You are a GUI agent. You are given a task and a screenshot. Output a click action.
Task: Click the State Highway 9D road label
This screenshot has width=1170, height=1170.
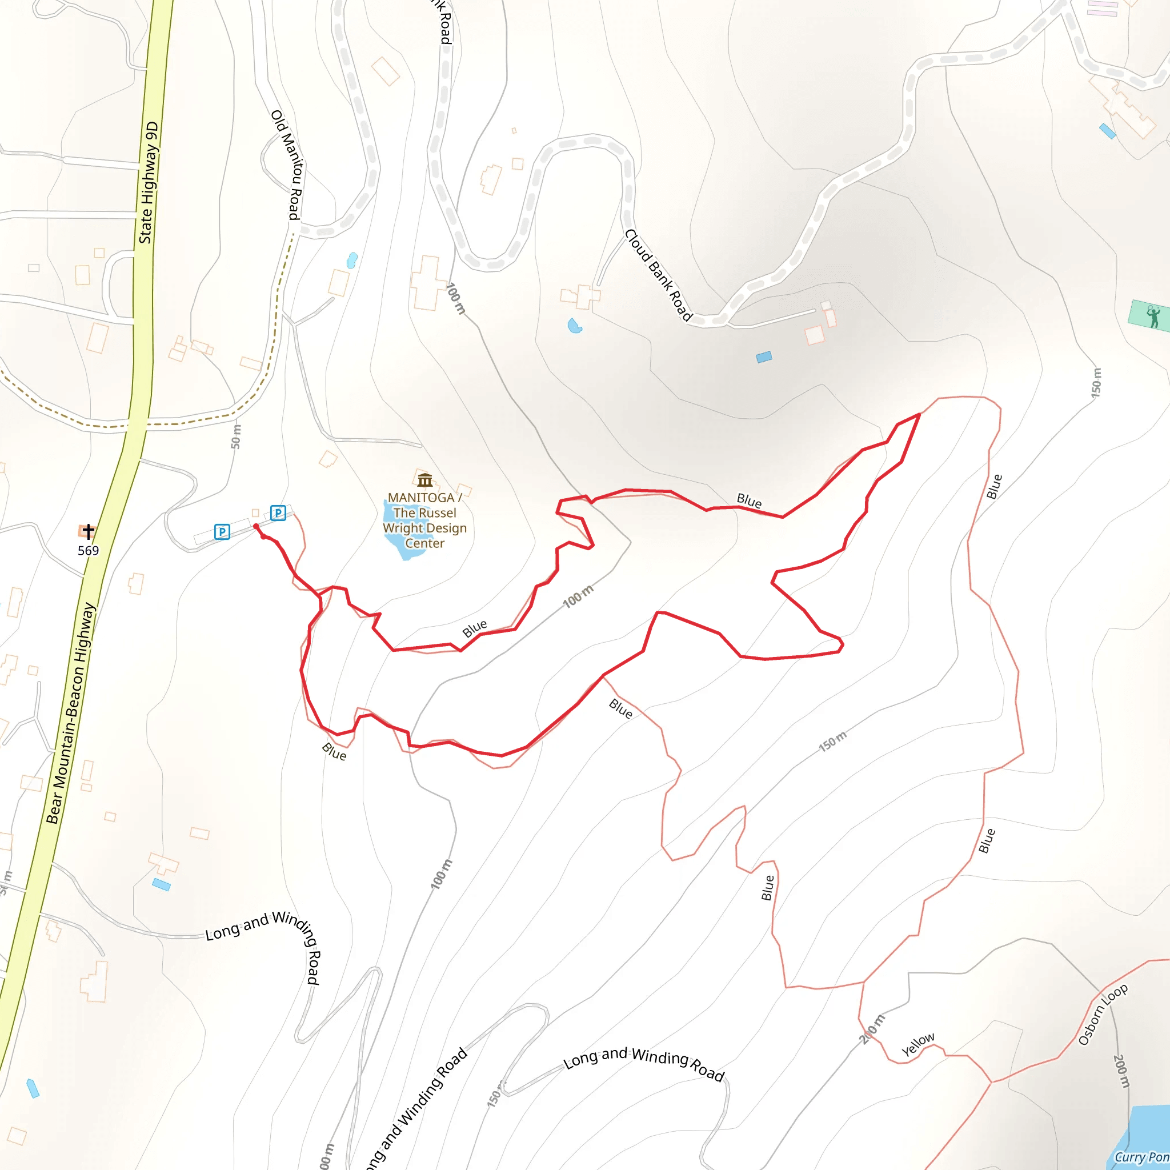coord(149,183)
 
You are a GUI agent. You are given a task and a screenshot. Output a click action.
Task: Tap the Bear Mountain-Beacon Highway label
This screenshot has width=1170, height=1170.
coord(71,713)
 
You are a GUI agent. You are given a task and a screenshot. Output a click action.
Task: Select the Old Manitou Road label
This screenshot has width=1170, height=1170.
coord(289,165)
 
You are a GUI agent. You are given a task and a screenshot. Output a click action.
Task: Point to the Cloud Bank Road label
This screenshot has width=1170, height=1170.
coord(658,275)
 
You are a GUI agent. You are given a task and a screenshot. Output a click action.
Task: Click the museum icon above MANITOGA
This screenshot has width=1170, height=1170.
coord(425,480)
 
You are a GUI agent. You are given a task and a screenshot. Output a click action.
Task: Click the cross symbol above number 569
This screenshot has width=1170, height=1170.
coord(89,532)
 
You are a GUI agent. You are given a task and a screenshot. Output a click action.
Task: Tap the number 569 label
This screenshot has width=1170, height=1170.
coord(89,551)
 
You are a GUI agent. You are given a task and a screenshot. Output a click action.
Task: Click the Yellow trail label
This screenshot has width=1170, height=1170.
coord(917,1044)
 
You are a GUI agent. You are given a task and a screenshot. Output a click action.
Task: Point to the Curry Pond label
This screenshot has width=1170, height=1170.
coord(1141,1157)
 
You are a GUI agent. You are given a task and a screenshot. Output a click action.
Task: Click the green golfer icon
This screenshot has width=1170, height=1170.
coord(1153,316)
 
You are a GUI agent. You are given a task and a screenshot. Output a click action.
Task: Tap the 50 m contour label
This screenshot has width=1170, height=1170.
coord(236,436)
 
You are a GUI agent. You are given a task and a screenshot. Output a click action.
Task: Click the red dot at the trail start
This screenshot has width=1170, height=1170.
coord(256,526)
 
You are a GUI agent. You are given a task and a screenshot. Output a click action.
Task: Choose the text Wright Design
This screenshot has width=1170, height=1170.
coord(424,528)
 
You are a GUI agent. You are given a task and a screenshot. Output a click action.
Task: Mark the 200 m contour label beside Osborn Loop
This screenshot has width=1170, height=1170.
coord(1121,1071)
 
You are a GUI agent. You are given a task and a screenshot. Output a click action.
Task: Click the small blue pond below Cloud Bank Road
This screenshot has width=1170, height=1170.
coord(575,326)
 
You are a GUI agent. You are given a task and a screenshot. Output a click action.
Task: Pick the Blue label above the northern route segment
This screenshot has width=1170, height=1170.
coord(749,501)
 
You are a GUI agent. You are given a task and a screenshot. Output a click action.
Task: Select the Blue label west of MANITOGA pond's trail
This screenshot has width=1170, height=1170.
coord(474,628)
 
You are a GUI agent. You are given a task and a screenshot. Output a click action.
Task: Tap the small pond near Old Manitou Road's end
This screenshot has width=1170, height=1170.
coord(352,261)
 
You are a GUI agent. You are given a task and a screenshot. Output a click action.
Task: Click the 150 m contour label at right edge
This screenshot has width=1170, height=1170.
coord(1096,383)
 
